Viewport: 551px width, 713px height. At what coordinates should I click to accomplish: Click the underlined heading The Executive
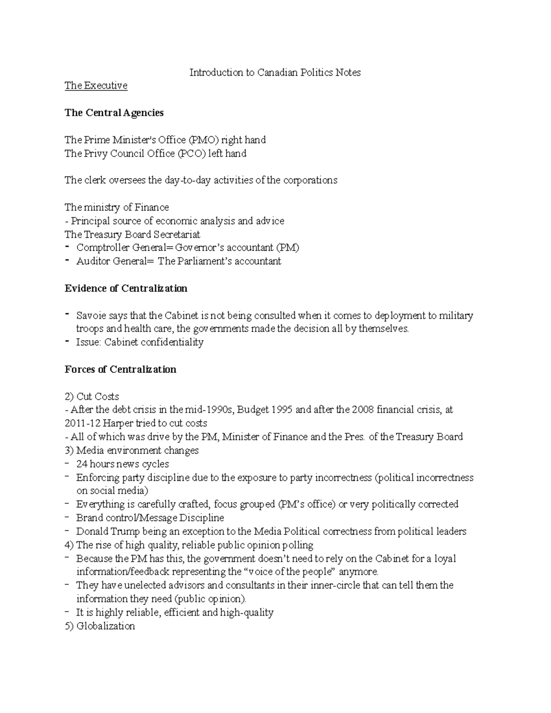tap(96, 86)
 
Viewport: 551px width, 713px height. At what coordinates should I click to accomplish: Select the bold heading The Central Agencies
tap(114, 113)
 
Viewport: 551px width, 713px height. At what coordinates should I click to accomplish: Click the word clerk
tap(95, 180)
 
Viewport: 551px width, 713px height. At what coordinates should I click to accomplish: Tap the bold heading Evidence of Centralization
tap(126, 288)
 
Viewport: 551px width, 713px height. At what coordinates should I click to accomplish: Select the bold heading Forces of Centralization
tap(120, 370)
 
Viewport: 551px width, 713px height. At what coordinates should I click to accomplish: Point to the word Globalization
tap(106, 626)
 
